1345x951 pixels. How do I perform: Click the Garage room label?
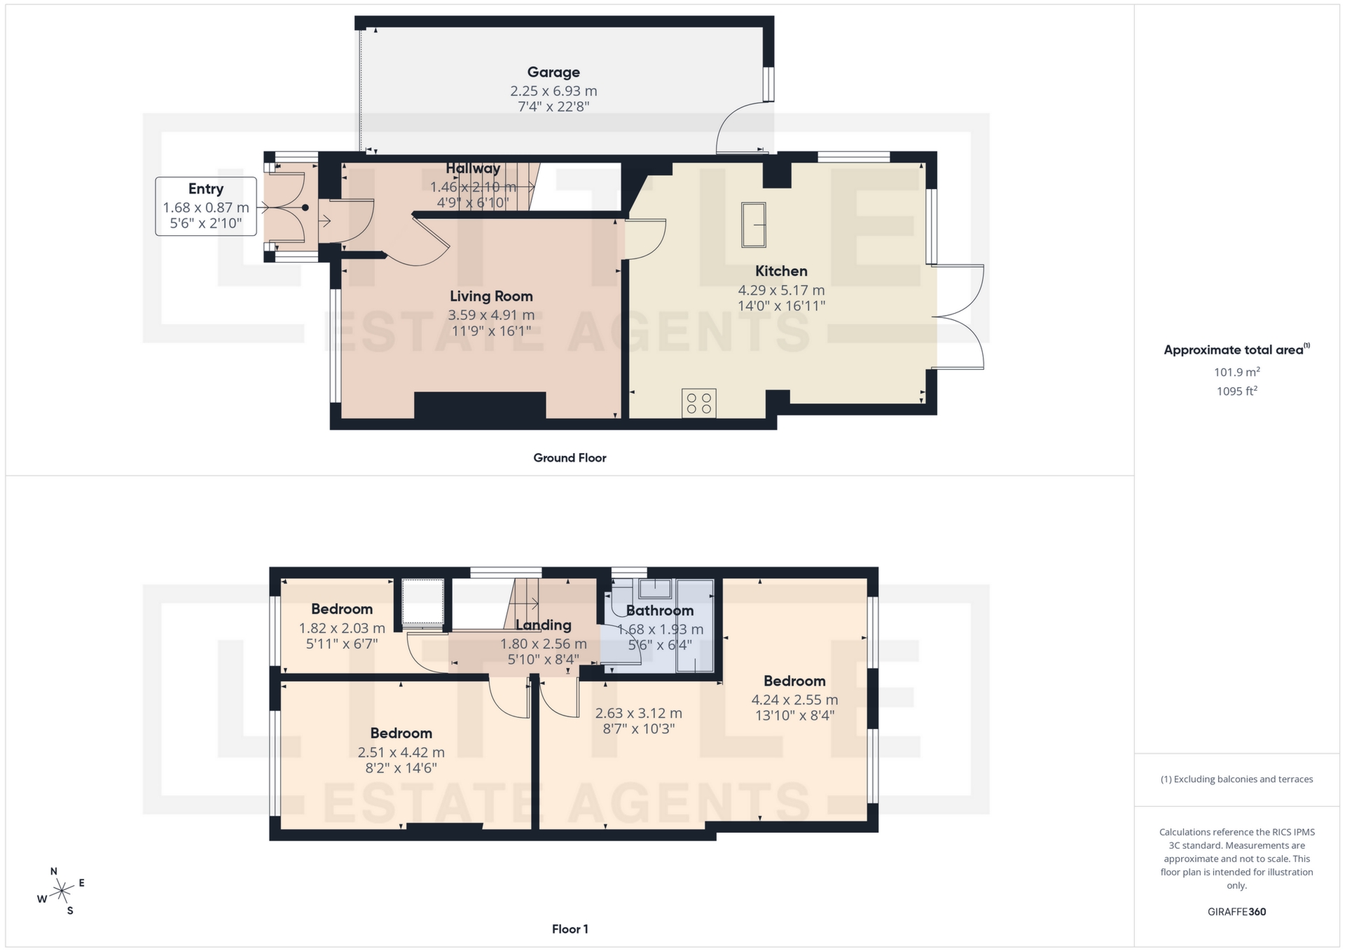click(553, 72)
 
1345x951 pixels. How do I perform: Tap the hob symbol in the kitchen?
click(698, 403)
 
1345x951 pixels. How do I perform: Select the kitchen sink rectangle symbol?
click(754, 225)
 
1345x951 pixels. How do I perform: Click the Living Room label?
click(491, 296)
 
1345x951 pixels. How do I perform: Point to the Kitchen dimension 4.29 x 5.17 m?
click(781, 290)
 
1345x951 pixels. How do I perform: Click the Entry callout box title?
click(205, 189)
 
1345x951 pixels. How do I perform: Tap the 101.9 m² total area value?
click(1236, 372)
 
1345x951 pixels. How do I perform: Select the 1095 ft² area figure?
click(1236, 391)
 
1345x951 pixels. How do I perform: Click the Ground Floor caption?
click(570, 458)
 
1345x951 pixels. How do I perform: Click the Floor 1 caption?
click(570, 929)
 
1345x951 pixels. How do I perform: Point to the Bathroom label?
click(659, 611)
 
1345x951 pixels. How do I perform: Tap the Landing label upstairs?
click(543, 625)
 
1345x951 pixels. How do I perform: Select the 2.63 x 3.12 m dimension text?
click(638, 713)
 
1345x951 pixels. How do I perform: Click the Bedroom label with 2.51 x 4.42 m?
click(401, 733)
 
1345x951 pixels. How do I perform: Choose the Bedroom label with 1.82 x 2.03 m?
click(342, 609)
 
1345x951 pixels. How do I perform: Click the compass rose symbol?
click(62, 891)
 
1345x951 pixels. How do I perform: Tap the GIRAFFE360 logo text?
click(1236, 912)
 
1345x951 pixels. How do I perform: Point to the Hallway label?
click(473, 169)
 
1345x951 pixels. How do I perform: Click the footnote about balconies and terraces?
click(1236, 779)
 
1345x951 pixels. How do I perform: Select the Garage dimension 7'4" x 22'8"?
click(553, 107)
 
